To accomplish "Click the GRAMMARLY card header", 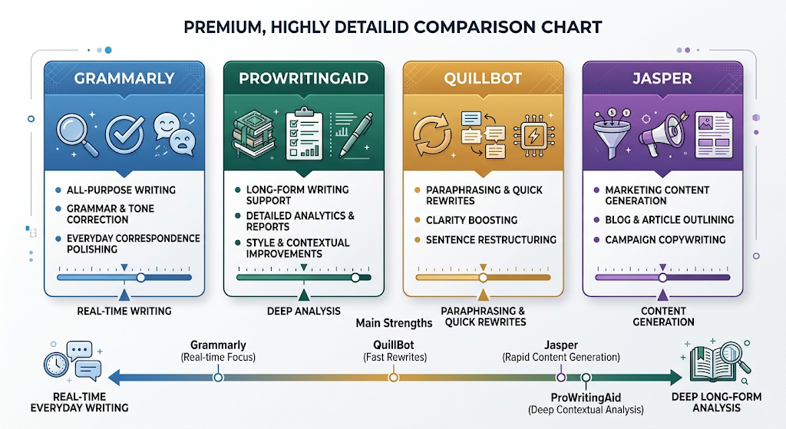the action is coord(124,78).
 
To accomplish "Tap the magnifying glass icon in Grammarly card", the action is coord(76,134).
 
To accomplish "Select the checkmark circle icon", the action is coord(125,134).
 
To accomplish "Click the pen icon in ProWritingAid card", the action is coord(356,134).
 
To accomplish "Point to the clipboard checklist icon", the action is coord(304,134).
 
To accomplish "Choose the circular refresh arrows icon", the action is coord(431,135).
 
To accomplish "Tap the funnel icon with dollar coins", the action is coord(612,134).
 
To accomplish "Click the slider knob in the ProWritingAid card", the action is coord(355,278).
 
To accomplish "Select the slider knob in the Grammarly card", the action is coord(141,278).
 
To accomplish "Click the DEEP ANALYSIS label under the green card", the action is coord(304,312).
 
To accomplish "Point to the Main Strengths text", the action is coord(394,323).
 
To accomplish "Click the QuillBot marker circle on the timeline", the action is coord(394,378).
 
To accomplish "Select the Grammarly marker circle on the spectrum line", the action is coord(218,378).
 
